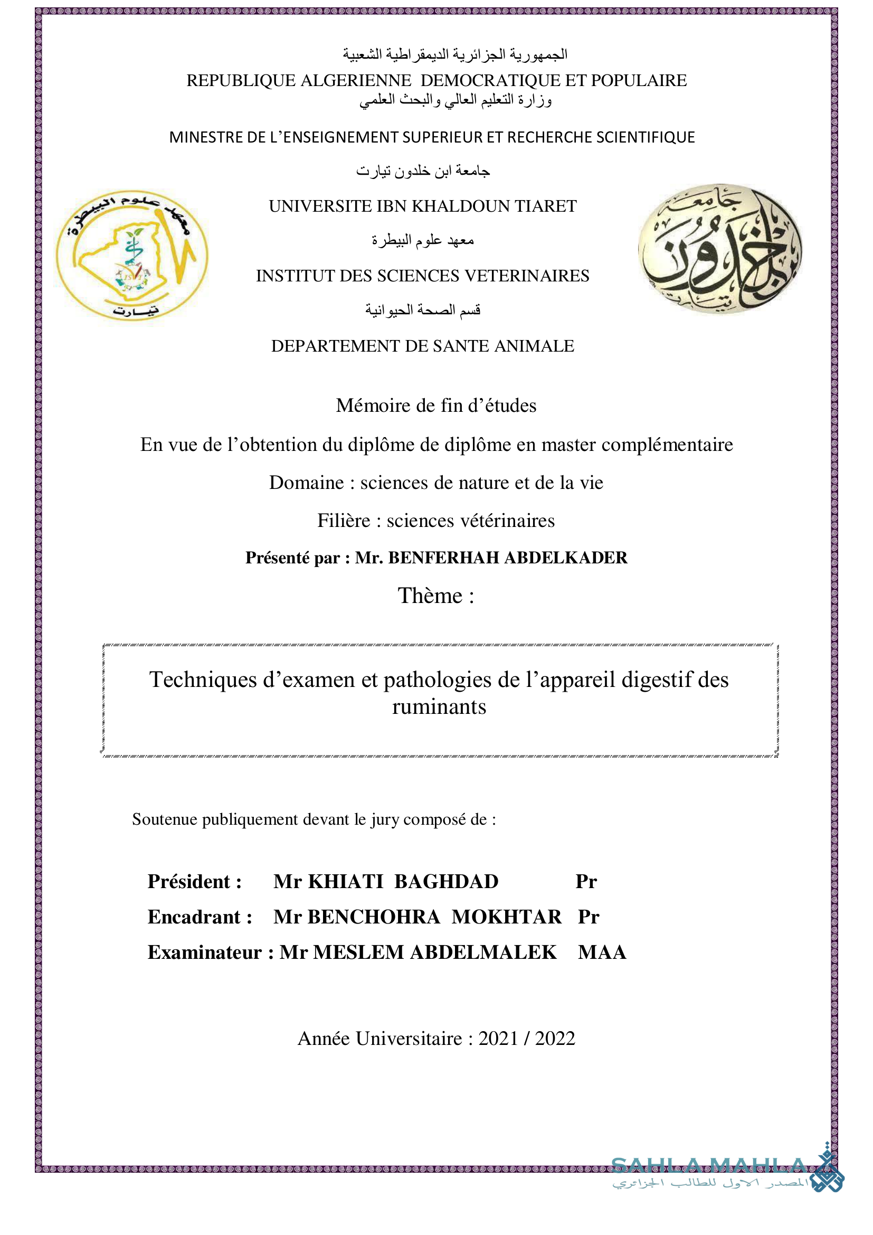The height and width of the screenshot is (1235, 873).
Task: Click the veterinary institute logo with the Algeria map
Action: tap(132, 256)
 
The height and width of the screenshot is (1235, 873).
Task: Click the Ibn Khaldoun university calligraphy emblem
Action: tap(720, 249)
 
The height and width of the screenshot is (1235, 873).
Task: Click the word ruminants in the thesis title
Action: tap(439, 707)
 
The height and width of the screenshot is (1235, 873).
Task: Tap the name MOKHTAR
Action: tap(506, 917)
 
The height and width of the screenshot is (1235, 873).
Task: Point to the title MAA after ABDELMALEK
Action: tap(602, 953)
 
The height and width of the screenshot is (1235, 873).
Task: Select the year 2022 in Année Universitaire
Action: tap(555, 1039)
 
